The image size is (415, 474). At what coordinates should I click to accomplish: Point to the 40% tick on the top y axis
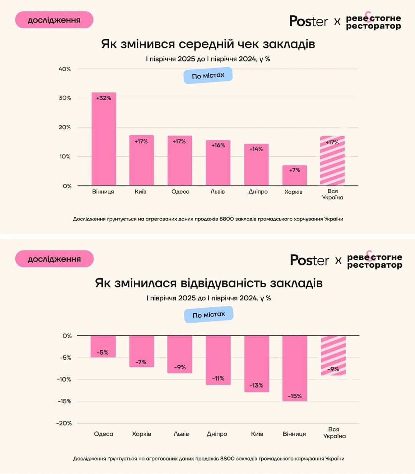65,69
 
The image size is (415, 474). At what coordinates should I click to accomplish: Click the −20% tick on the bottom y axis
64,423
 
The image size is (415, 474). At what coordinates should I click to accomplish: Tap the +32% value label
103,98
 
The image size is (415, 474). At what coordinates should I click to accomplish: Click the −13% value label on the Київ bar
256,385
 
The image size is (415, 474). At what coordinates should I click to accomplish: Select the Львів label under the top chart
217,192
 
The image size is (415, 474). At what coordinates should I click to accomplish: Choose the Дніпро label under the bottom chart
217,434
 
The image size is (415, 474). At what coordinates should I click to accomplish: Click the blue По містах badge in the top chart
208,76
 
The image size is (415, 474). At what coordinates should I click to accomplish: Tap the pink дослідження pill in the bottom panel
54,259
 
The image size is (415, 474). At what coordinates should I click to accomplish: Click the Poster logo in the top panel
309,21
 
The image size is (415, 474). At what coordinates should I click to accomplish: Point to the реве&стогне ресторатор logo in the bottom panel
374,261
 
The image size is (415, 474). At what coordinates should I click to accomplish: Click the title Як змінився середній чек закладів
208,44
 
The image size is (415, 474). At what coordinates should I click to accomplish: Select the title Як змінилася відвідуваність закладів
209,283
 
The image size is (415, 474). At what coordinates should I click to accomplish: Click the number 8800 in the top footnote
226,219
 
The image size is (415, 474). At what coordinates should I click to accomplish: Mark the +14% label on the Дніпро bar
256,149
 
